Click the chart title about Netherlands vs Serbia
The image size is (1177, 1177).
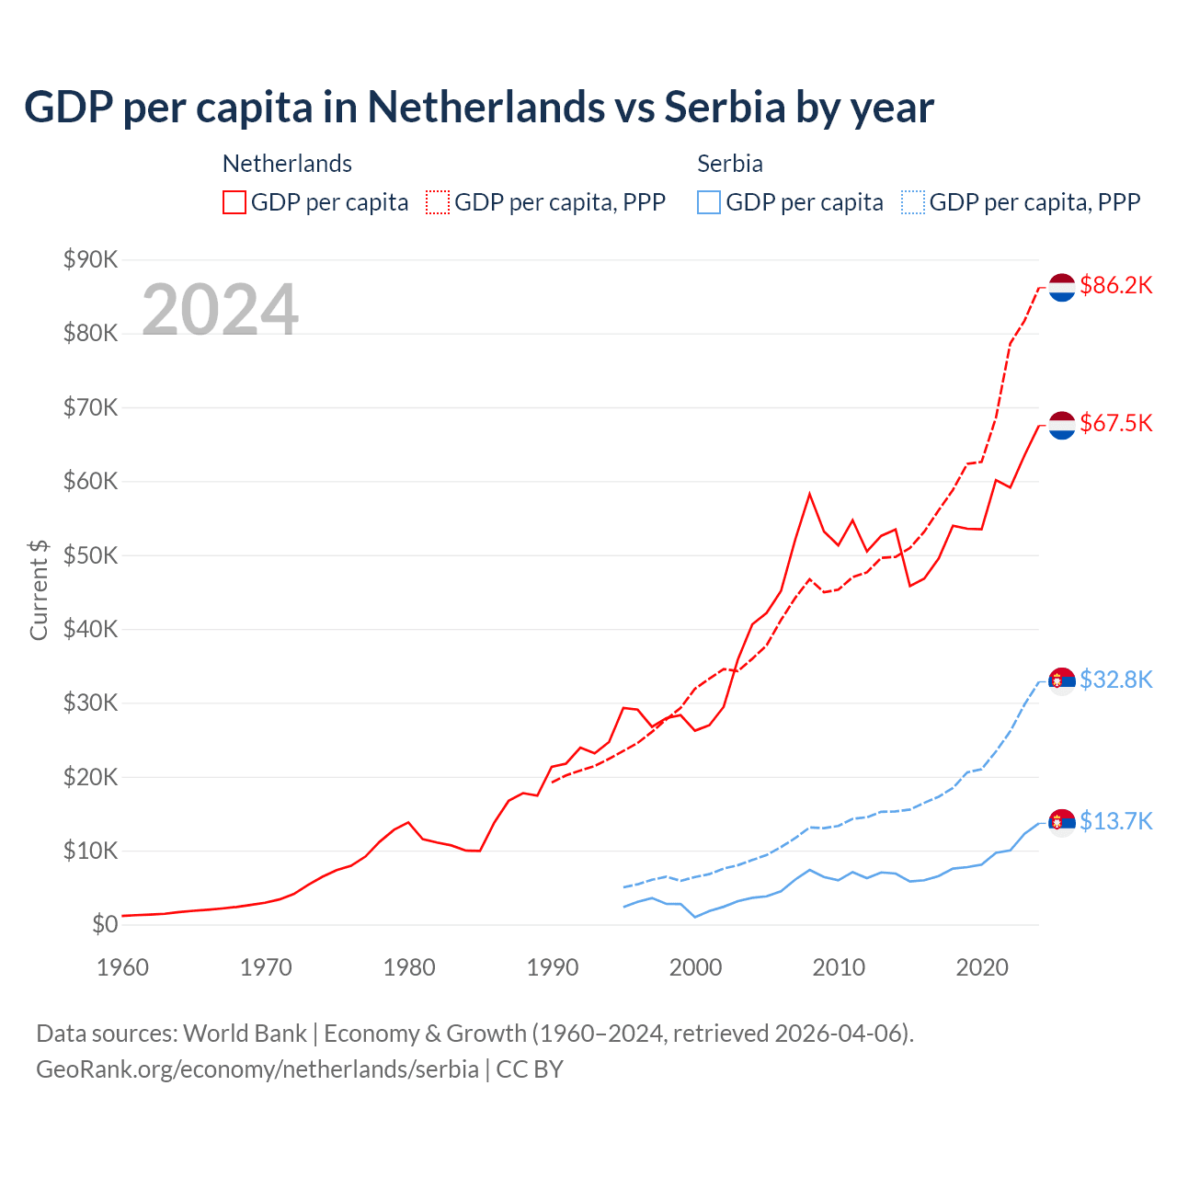tap(478, 108)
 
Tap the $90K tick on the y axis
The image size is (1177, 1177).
tap(90, 259)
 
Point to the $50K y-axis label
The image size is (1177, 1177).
tap(90, 555)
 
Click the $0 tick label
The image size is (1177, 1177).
tap(105, 924)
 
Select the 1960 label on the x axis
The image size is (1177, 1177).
tap(122, 967)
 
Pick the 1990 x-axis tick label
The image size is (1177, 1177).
tap(553, 967)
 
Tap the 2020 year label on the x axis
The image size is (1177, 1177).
tap(982, 967)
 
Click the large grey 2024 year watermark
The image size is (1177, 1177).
tap(220, 310)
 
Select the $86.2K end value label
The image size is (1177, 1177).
tap(1115, 286)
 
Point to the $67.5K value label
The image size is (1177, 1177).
tap(1115, 423)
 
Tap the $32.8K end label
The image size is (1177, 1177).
tap(1115, 680)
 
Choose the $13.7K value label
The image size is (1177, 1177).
tap(1115, 821)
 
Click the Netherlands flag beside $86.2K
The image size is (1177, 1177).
tap(1062, 287)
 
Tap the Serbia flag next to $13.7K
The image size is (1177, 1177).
tap(1062, 822)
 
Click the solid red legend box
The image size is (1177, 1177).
tap(234, 202)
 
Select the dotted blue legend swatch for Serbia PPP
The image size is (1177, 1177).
tap(913, 202)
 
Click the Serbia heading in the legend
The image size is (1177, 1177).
tap(730, 164)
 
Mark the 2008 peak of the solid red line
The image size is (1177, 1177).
tap(809, 494)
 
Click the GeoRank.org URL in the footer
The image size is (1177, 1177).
tap(257, 1069)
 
